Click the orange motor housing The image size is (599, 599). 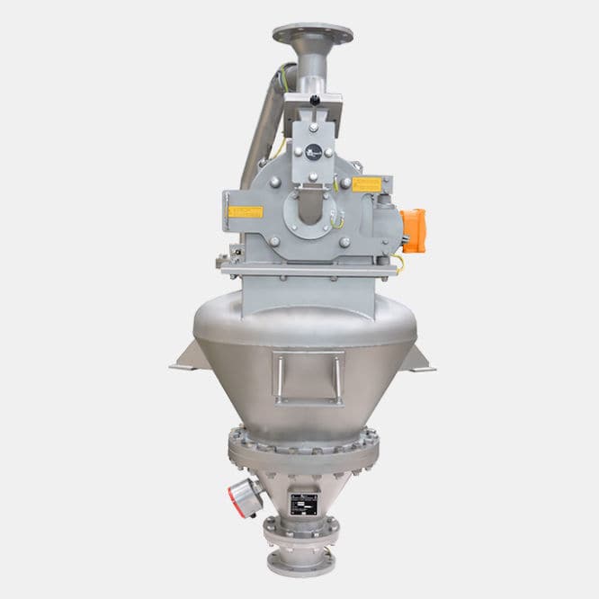(x=413, y=229)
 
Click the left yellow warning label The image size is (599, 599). (x=245, y=210)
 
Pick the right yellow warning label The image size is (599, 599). (x=368, y=184)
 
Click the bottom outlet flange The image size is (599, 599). (x=300, y=562)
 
